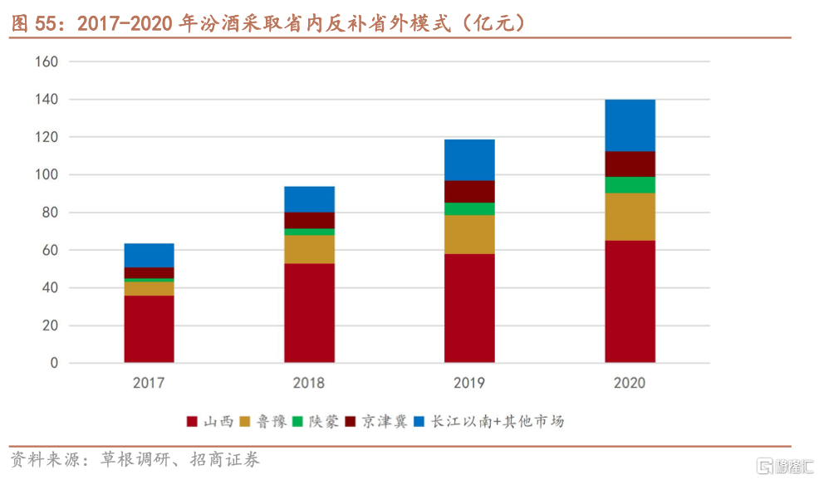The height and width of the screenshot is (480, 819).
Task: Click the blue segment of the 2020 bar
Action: tap(630, 125)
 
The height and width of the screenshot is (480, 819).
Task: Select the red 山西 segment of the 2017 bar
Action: tap(149, 329)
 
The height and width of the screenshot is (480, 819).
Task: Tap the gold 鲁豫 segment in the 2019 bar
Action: tap(469, 234)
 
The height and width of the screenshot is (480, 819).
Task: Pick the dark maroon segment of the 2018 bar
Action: tap(309, 220)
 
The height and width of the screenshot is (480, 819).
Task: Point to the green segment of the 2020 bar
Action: tap(630, 184)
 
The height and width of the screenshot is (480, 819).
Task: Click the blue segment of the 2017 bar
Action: tap(149, 255)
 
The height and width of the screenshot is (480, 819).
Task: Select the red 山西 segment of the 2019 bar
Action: tap(469, 308)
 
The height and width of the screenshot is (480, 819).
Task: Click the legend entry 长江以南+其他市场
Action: tap(488, 421)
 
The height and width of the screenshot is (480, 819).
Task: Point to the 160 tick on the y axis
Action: tap(47, 61)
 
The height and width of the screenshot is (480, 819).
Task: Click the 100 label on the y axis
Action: tap(47, 175)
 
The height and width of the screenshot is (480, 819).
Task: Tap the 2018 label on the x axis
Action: tap(309, 384)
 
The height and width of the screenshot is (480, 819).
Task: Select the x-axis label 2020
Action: tap(630, 384)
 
